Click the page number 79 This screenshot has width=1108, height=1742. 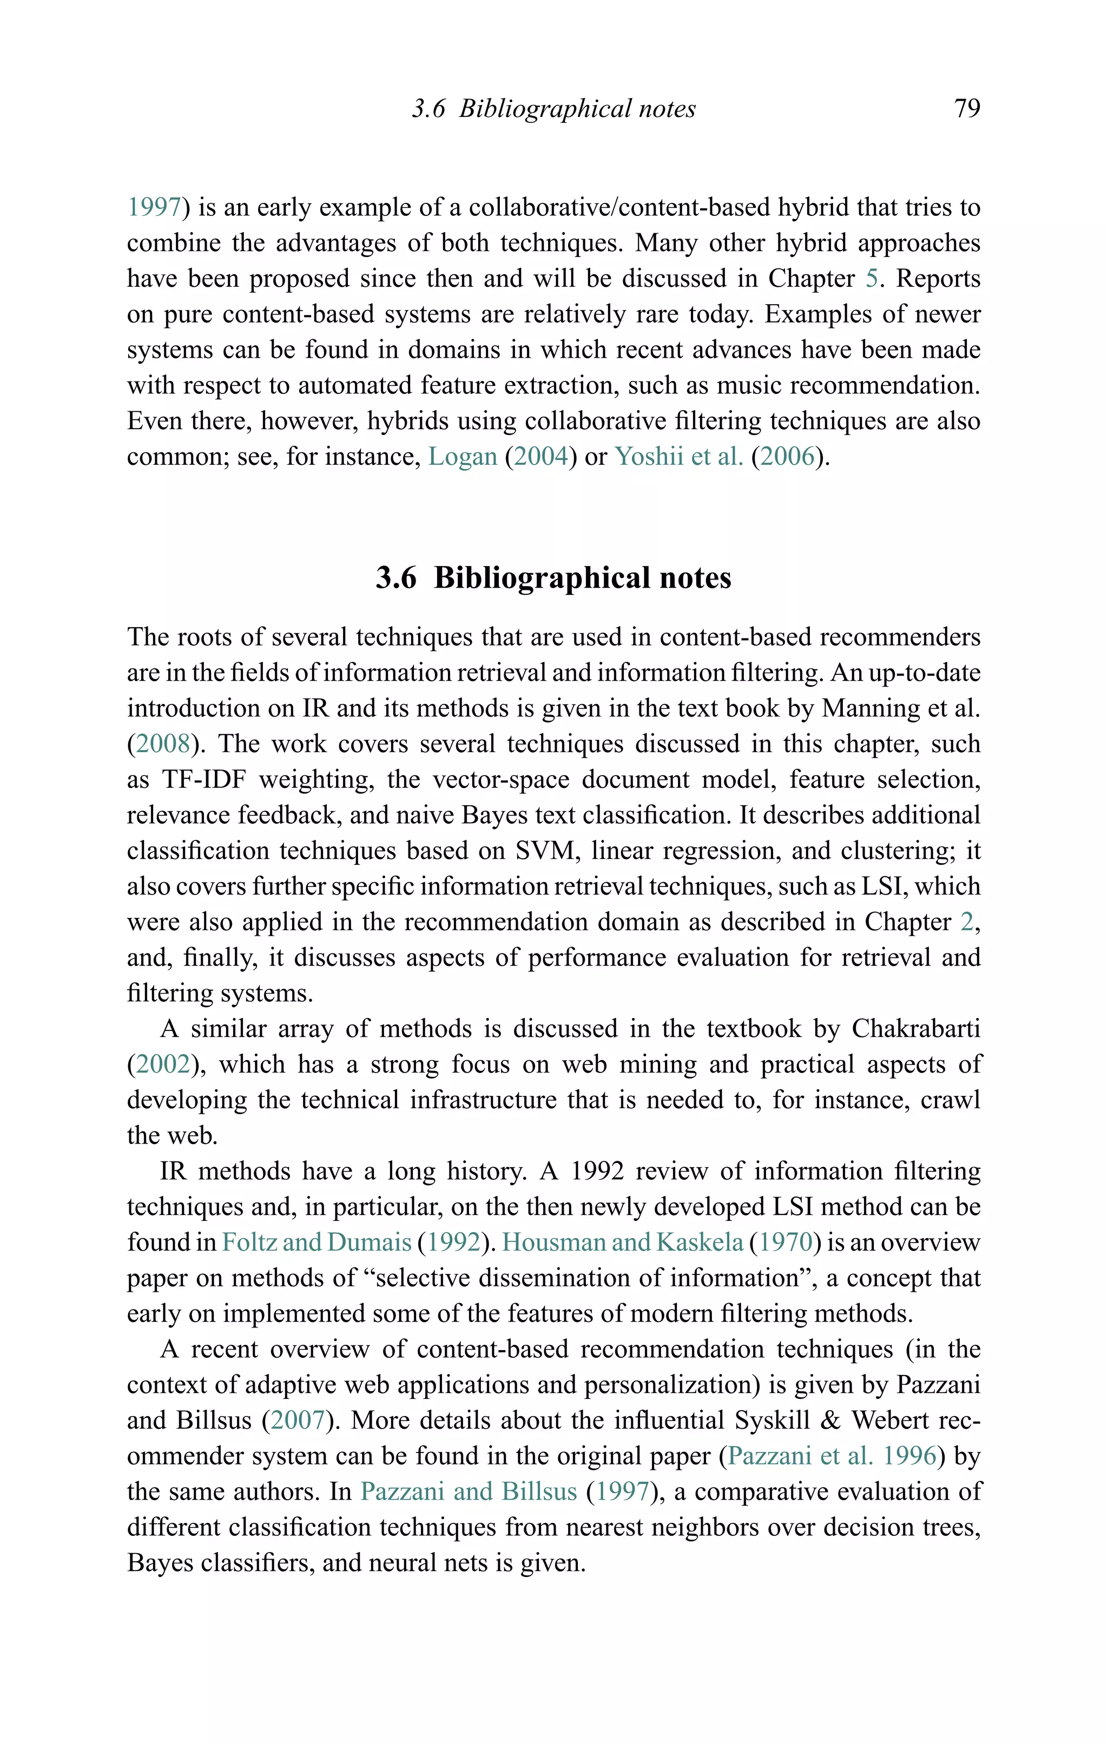(x=967, y=109)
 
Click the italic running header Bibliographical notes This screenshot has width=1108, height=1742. (x=577, y=109)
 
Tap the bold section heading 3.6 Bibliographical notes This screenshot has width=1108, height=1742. (x=553, y=578)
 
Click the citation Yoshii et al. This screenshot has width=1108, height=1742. (x=678, y=457)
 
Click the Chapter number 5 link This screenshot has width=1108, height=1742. (x=872, y=279)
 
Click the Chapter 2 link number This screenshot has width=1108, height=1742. (x=967, y=922)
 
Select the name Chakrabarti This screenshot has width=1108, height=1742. (x=915, y=1029)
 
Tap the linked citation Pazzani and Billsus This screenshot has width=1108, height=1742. (x=469, y=1491)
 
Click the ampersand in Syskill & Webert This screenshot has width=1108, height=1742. (x=830, y=1421)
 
